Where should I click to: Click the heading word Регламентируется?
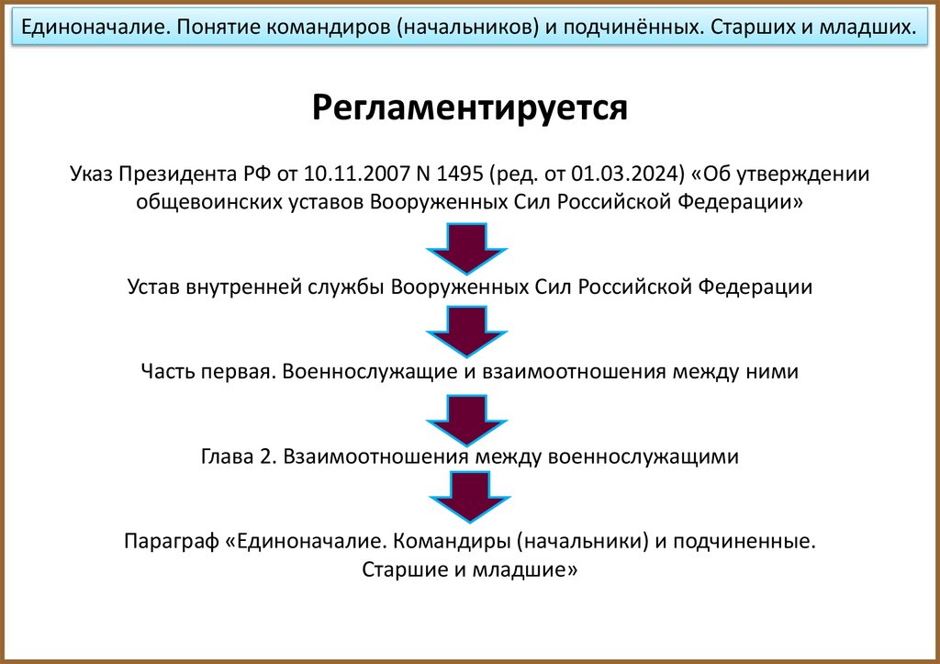[469, 108]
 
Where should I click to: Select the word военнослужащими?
[643, 456]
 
